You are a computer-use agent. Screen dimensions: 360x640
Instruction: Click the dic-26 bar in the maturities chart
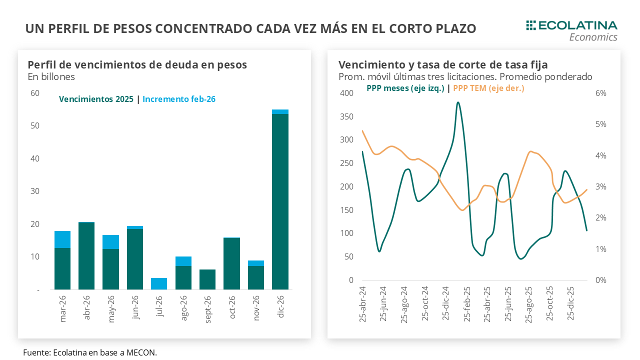280,200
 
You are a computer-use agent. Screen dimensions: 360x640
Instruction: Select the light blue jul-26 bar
159,283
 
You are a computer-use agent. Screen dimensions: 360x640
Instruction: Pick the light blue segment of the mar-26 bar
62,239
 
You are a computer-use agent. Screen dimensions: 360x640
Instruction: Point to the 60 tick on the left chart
35,93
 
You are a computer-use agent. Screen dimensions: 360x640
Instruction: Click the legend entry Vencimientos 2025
96,99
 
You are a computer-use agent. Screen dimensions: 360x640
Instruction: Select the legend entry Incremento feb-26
179,99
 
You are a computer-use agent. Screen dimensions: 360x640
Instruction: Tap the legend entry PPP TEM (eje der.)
488,88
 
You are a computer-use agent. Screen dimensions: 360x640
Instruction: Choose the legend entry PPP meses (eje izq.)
405,88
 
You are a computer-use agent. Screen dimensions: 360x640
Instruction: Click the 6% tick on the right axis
600,93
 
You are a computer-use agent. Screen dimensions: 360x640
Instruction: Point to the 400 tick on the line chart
346,93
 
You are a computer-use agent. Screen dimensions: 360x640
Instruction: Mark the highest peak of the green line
458,103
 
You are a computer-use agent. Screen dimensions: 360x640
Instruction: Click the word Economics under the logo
593,37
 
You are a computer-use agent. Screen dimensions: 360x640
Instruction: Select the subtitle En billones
51,77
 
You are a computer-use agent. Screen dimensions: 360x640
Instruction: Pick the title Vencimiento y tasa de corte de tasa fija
443,65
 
